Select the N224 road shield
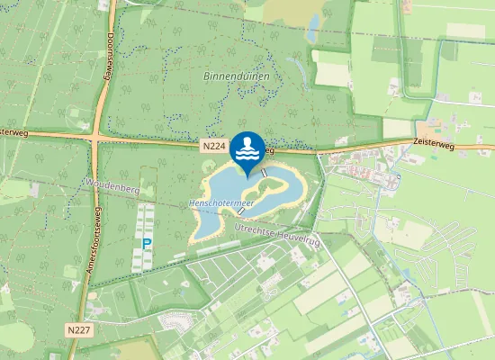tap(212, 145)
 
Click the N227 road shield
tap(78, 331)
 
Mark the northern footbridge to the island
tap(265, 171)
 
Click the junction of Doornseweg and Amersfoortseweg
tap(95, 138)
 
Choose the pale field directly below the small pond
tap(330, 67)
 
